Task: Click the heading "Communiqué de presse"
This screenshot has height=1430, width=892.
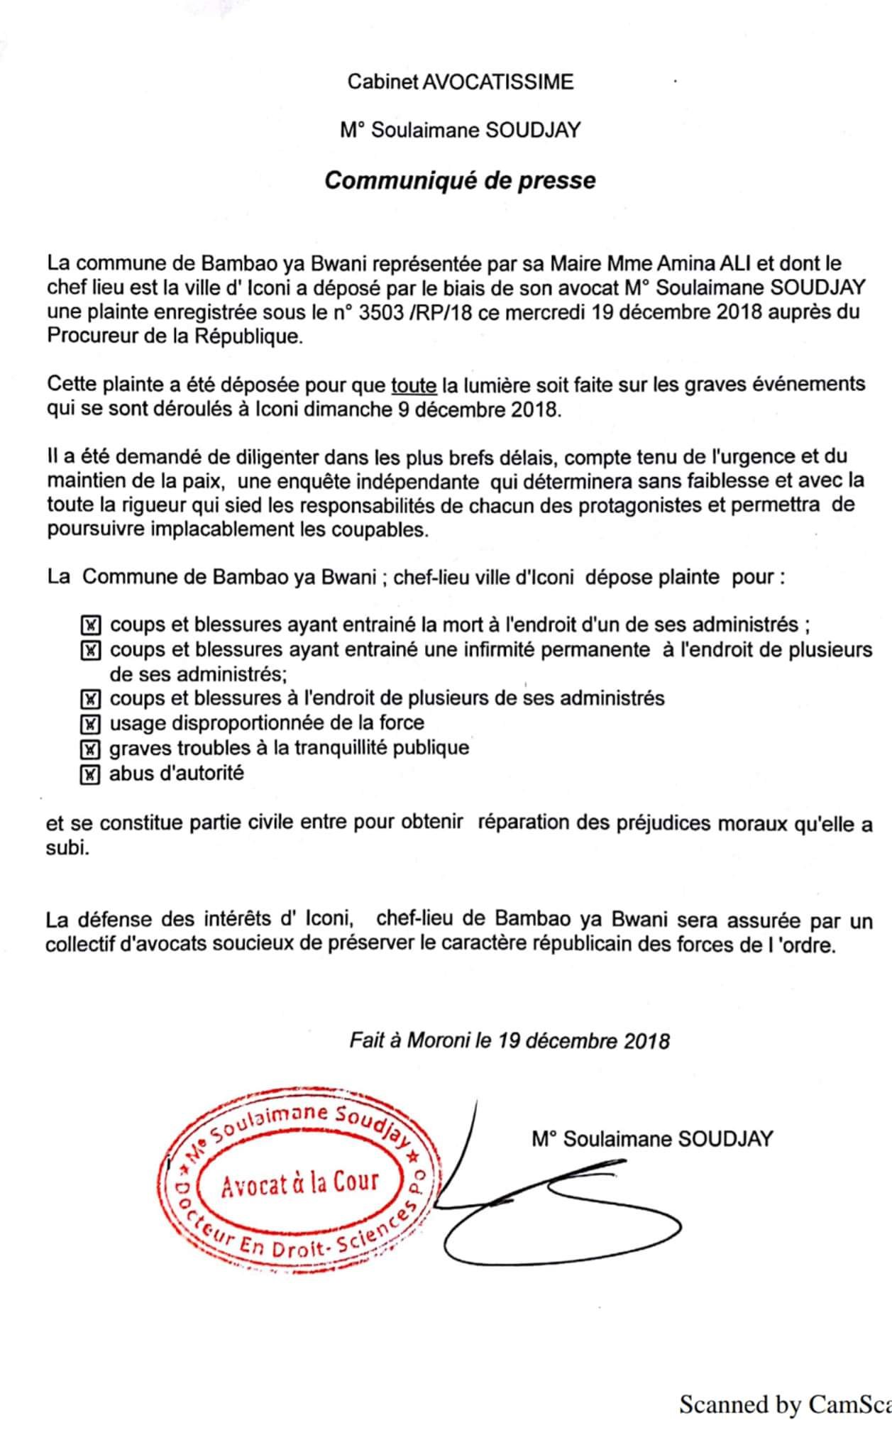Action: tap(460, 180)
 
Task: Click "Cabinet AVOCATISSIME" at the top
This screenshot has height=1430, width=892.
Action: tap(460, 82)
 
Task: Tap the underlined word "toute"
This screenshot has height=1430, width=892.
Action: tap(414, 385)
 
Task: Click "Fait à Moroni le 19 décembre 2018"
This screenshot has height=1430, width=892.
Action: tap(510, 1040)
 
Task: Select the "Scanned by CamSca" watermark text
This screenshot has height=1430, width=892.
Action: tap(785, 1404)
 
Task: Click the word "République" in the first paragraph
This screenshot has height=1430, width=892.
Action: tap(246, 336)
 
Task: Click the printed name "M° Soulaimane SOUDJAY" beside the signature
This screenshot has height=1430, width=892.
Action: tap(652, 1139)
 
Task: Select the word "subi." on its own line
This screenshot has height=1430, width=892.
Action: tap(68, 849)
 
